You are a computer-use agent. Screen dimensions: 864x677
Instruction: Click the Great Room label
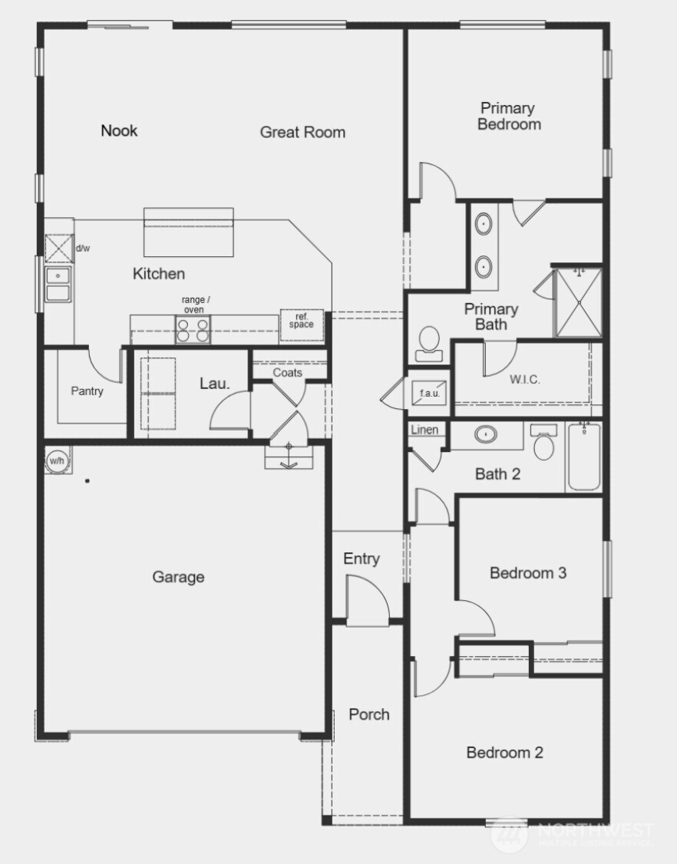click(302, 132)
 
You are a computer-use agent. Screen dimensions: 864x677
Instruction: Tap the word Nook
click(119, 130)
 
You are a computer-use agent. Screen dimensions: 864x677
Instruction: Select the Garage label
click(178, 577)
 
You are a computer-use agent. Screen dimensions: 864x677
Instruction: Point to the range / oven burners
click(193, 331)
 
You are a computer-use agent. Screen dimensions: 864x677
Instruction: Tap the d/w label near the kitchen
click(82, 249)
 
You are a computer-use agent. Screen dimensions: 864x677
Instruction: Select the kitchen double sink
click(58, 284)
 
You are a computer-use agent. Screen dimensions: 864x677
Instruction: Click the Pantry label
click(87, 391)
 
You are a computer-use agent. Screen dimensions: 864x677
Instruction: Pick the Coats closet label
click(288, 373)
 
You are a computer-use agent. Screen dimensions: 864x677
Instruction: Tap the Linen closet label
click(424, 430)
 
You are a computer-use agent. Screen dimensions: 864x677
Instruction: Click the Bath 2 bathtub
click(584, 458)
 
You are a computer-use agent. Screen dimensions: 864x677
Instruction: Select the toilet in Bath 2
click(544, 443)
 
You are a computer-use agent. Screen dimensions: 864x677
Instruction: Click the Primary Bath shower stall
click(579, 302)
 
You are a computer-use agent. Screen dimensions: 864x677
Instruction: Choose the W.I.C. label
click(527, 378)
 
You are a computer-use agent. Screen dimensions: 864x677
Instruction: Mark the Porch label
click(369, 714)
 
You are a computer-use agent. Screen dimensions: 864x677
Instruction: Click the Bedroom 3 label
click(528, 572)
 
